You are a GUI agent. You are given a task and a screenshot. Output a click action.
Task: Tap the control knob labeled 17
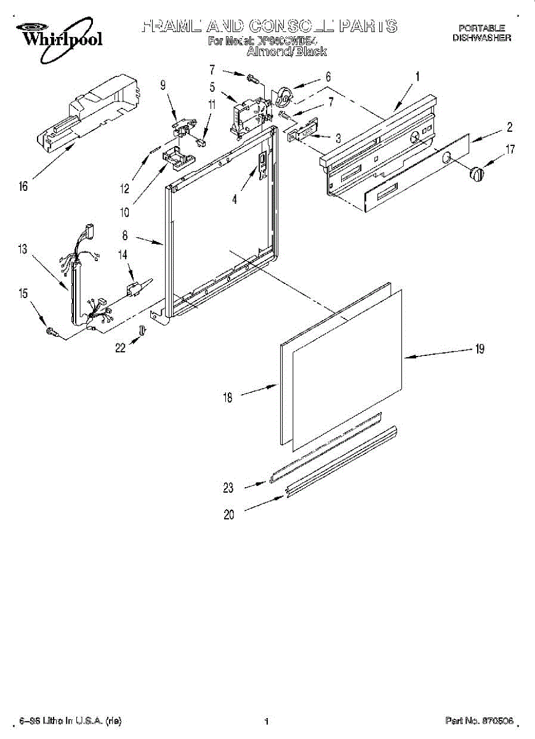pos(477,174)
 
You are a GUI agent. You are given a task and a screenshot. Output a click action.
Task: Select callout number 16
pos(23,187)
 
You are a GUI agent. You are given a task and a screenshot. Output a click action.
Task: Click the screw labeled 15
pos(51,332)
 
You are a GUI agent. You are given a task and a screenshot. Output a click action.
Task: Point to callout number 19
pos(479,349)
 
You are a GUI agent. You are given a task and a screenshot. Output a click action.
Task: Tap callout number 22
pos(120,348)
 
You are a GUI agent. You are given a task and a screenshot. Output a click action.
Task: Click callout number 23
pos(228,488)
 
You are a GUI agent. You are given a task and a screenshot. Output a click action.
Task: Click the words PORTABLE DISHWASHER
pos(481,33)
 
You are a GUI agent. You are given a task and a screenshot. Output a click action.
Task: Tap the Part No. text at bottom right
pos(479,721)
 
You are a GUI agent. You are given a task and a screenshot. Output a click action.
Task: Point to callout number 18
pos(228,398)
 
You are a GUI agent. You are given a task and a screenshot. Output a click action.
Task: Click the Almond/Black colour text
pos(286,52)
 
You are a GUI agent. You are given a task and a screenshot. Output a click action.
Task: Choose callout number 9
pos(163,86)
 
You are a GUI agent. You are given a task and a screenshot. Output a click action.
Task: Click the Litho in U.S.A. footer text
pos(70,721)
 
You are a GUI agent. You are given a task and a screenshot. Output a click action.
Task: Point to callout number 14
pos(123,254)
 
